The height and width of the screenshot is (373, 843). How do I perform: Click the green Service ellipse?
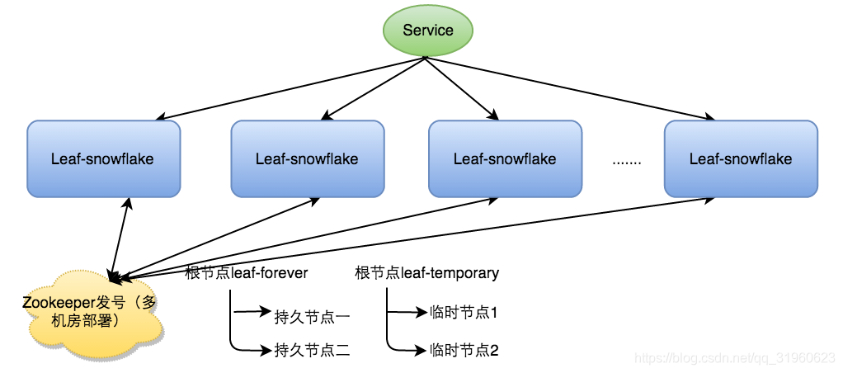point(428,31)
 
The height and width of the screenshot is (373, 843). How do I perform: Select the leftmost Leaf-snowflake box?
point(103,158)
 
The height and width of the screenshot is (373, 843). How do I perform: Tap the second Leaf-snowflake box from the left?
point(307,158)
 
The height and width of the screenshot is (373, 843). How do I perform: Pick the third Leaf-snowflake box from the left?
point(505,158)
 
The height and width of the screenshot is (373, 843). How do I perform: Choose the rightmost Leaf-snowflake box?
point(741,158)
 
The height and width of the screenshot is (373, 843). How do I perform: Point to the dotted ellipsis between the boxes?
point(626,161)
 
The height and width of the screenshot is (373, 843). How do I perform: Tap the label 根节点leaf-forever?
point(247,273)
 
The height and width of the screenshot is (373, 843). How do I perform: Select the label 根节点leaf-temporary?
point(426,273)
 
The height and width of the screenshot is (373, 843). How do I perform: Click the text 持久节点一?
point(313,314)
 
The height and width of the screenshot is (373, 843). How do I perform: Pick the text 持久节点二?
point(313,351)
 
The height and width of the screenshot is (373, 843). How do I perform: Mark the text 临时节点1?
point(464,313)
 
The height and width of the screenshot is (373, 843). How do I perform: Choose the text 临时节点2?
point(464,351)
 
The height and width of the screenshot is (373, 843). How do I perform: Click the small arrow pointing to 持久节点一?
point(252,313)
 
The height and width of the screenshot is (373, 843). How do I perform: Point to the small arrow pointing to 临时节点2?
point(407,350)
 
